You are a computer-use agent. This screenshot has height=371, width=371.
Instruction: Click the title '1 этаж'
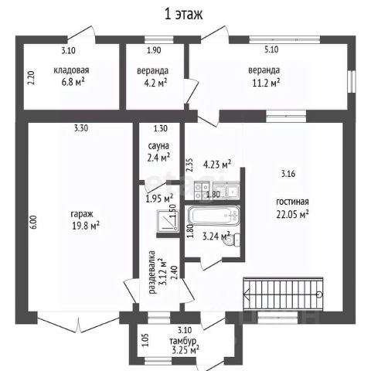[183, 14]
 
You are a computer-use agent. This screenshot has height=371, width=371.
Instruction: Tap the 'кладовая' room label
[71, 70]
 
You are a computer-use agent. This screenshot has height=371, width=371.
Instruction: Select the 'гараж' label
[82, 214]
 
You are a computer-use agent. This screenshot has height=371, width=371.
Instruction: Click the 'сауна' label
[158, 146]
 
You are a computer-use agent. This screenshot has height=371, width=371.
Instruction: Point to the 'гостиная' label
[292, 202]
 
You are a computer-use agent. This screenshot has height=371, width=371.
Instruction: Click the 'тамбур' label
[182, 341]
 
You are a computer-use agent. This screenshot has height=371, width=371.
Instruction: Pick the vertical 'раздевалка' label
[152, 272]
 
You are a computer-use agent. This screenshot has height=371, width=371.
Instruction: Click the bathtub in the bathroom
[214, 216]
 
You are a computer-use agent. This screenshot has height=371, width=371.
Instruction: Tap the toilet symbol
[233, 240]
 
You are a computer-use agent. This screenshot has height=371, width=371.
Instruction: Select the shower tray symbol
[168, 220]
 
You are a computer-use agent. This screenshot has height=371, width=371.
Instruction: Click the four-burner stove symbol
[202, 190]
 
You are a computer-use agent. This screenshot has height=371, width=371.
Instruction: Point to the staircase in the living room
[283, 294]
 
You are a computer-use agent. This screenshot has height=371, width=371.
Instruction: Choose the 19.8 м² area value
[86, 226]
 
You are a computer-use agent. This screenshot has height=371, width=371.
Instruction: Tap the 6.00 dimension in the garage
[34, 222]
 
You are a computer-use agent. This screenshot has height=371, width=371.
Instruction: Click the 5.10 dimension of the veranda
[271, 49]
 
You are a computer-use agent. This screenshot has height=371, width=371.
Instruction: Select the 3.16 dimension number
[288, 174]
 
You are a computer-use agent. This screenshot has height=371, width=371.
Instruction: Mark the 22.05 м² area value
[293, 214]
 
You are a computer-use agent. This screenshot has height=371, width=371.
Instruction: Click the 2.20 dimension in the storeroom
[31, 78]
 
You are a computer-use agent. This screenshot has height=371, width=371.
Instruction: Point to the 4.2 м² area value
[155, 83]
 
